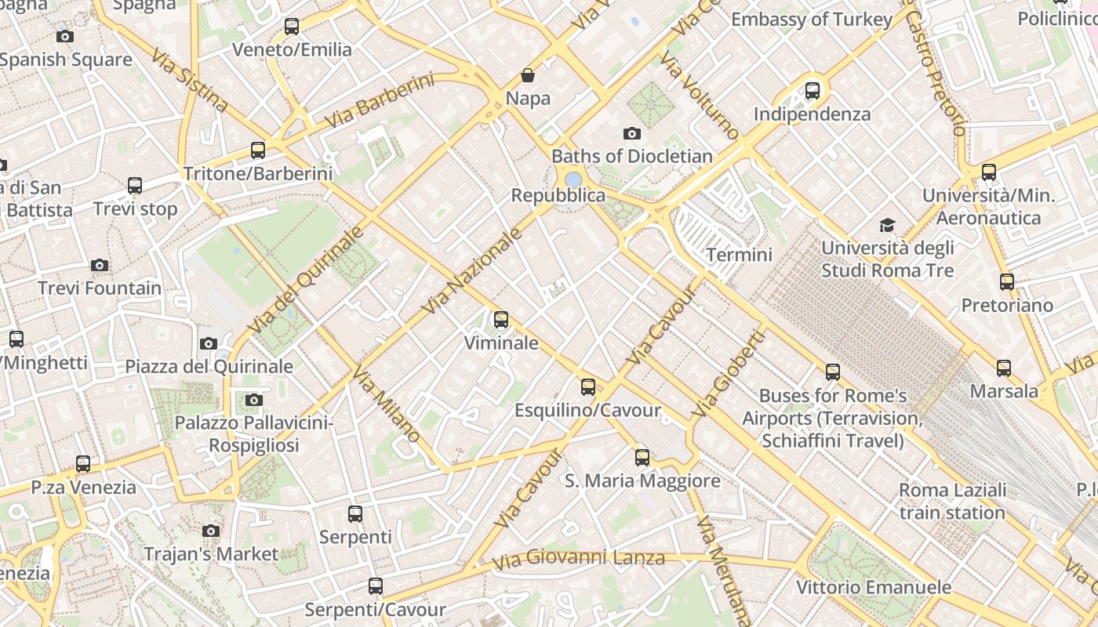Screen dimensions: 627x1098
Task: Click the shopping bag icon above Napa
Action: click(x=528, y=75)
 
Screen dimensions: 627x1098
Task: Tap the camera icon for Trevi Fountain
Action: click(x=99, y=265)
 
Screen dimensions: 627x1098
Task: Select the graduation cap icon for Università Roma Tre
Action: click(x=887, y=226)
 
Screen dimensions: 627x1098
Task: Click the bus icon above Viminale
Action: click(x=500, y=320)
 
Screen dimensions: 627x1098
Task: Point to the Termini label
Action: click(x=739, y=255)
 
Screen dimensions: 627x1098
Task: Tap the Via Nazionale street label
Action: click(x=472, y=271)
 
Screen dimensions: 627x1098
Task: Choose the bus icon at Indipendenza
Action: click(x=813, y=91)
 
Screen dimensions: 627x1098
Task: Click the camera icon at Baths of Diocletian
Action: click(x=631, y=133)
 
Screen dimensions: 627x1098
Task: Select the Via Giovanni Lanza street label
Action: click(x=579, y=560)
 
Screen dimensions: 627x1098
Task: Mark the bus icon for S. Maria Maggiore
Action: click(x=642, y=458)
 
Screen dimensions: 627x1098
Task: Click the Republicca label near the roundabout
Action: click(x=558, y=195)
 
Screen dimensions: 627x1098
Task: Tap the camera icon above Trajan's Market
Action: click(x=210, y=531)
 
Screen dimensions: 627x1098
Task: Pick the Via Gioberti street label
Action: click(x=727, y=373)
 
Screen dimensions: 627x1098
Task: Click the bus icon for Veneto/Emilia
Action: click(x=292, y=27)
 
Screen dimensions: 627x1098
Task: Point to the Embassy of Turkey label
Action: click(x=812, y=20)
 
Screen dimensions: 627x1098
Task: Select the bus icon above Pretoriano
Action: click(x=1006, y=282)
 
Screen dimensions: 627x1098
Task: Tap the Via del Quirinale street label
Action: click(x=306, y=280)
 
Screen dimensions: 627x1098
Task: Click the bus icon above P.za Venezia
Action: click(x=83, y=464)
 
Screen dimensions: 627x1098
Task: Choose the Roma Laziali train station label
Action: click(x=952, y=502)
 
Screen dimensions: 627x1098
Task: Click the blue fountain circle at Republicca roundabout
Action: click(x=573, y=179)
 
